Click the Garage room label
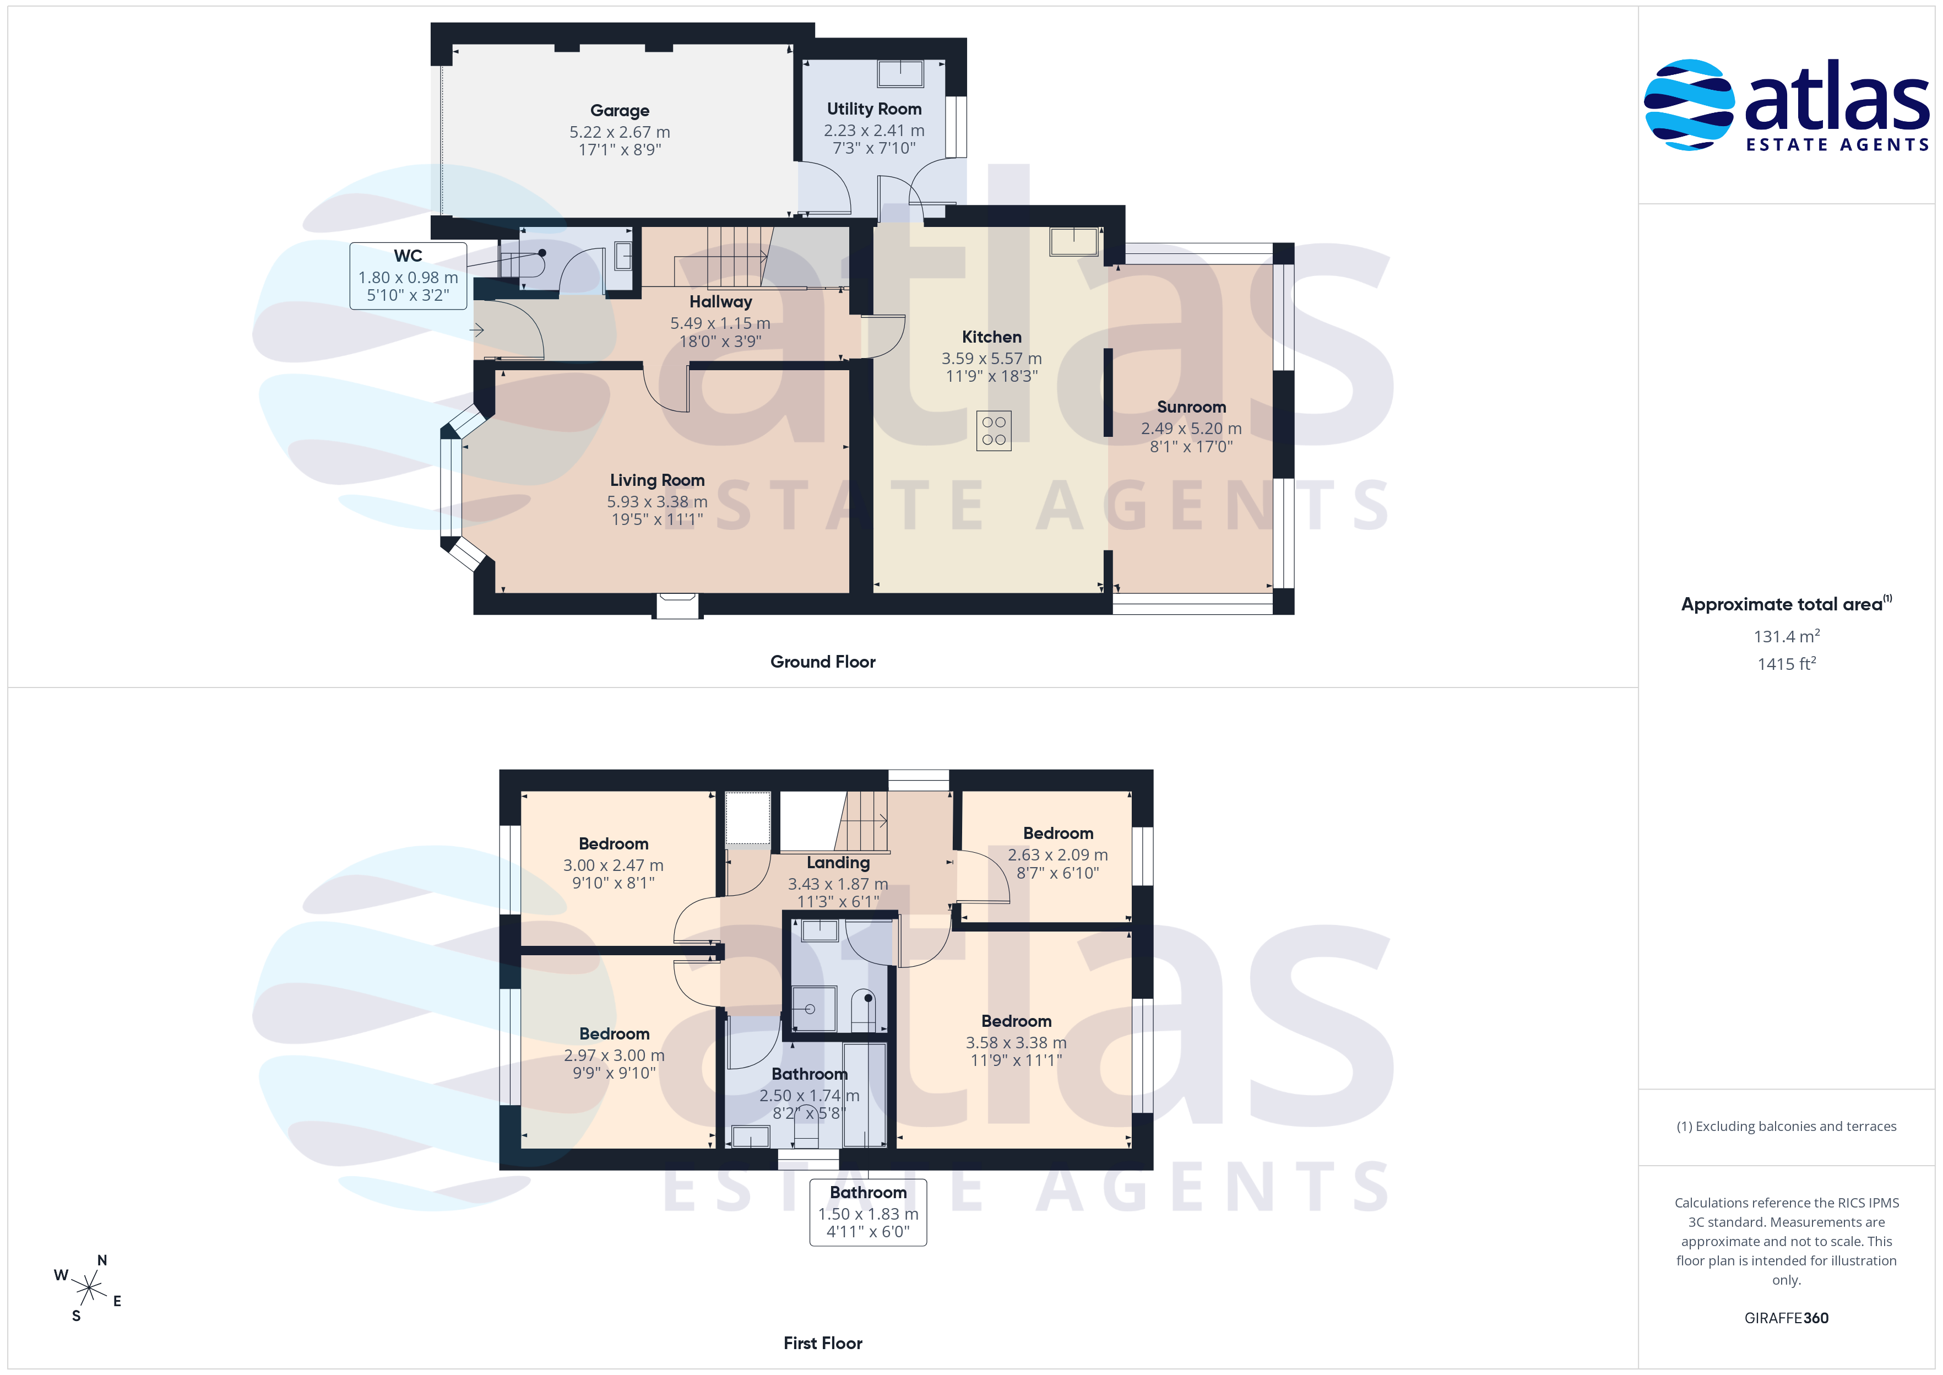(620, 111)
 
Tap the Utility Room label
(874, 109)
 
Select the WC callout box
(408, 276)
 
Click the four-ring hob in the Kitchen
(994, 431)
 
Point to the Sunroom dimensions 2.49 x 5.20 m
(1191, 429)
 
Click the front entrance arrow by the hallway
(477, 330)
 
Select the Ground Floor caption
(823, 662)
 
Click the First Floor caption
(823, 1344)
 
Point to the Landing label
(838, 863)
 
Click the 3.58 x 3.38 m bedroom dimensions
(1016, 1043)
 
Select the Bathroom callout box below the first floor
(869, 1212)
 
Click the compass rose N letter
(102, 1261)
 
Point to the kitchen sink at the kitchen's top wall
(1074, 241)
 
